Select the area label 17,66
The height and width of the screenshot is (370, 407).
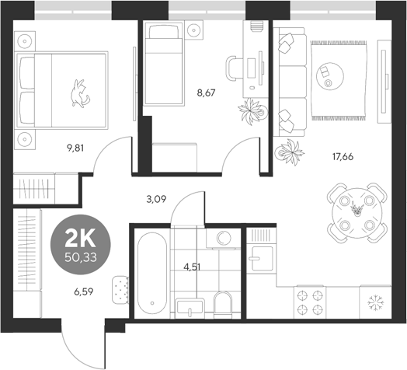[342, 155]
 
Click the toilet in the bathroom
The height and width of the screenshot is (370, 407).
[222, 304]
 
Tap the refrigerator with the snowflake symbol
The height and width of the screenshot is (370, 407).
[378, 302]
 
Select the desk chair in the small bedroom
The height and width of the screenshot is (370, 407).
[235, 68]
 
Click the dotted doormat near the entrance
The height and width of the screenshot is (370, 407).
[119, 289]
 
